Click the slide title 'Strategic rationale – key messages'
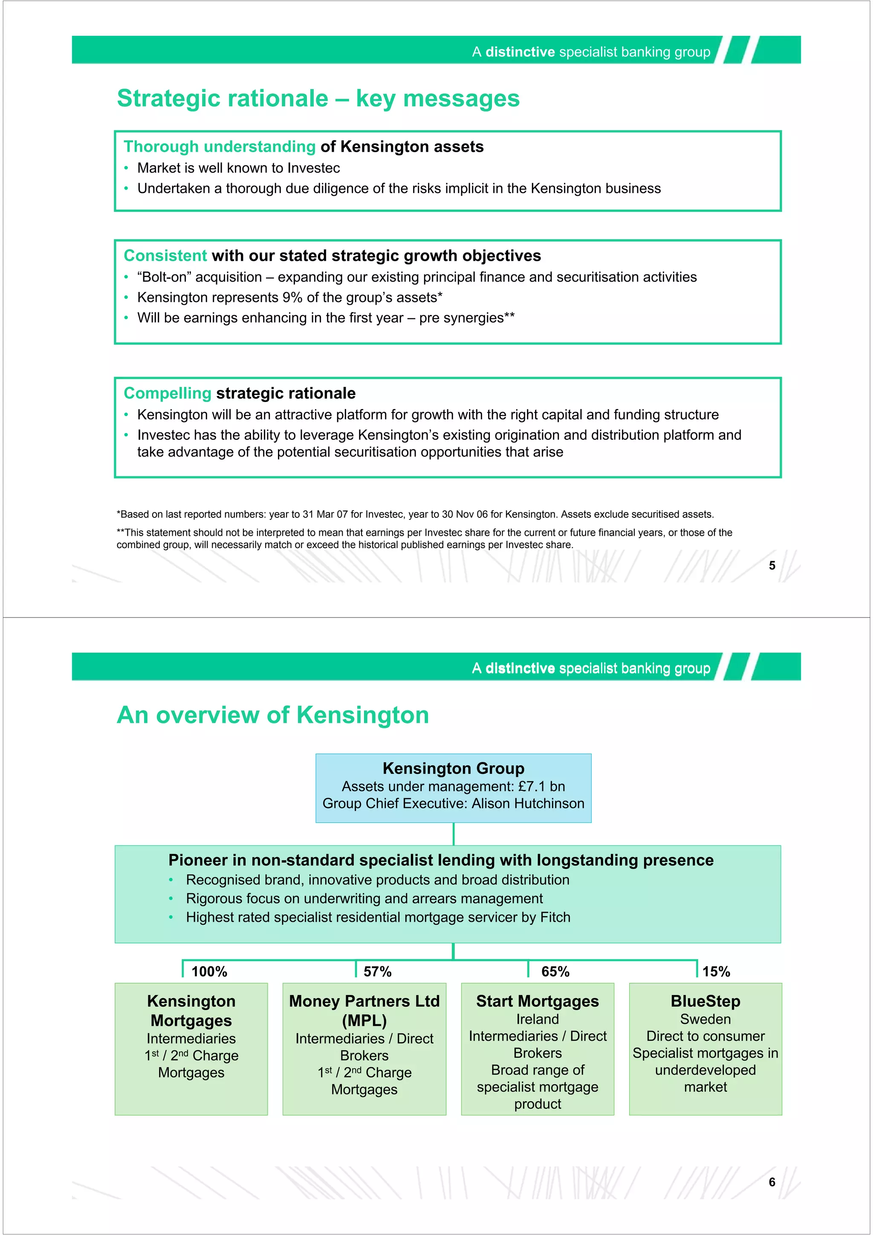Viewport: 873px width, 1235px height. (318, 98)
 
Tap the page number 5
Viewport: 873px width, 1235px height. (772, 566)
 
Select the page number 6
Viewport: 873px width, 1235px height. (772, 1182)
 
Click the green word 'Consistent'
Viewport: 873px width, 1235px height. (165, 256)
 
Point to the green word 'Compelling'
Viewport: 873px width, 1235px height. (167, 393)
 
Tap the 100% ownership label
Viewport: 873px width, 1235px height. (209, 972)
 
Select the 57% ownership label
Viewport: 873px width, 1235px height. (377, 972)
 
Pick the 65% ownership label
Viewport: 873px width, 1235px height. (555, 972)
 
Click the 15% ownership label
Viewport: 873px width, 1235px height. (716, 972)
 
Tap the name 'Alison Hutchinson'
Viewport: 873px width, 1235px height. (528, 804)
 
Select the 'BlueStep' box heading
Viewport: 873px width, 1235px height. (705, 1001)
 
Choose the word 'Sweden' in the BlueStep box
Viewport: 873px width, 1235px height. (705, 1019)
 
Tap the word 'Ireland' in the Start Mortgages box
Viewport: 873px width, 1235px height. (538, 1019)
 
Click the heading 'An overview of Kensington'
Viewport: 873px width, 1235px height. (273, 716)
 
